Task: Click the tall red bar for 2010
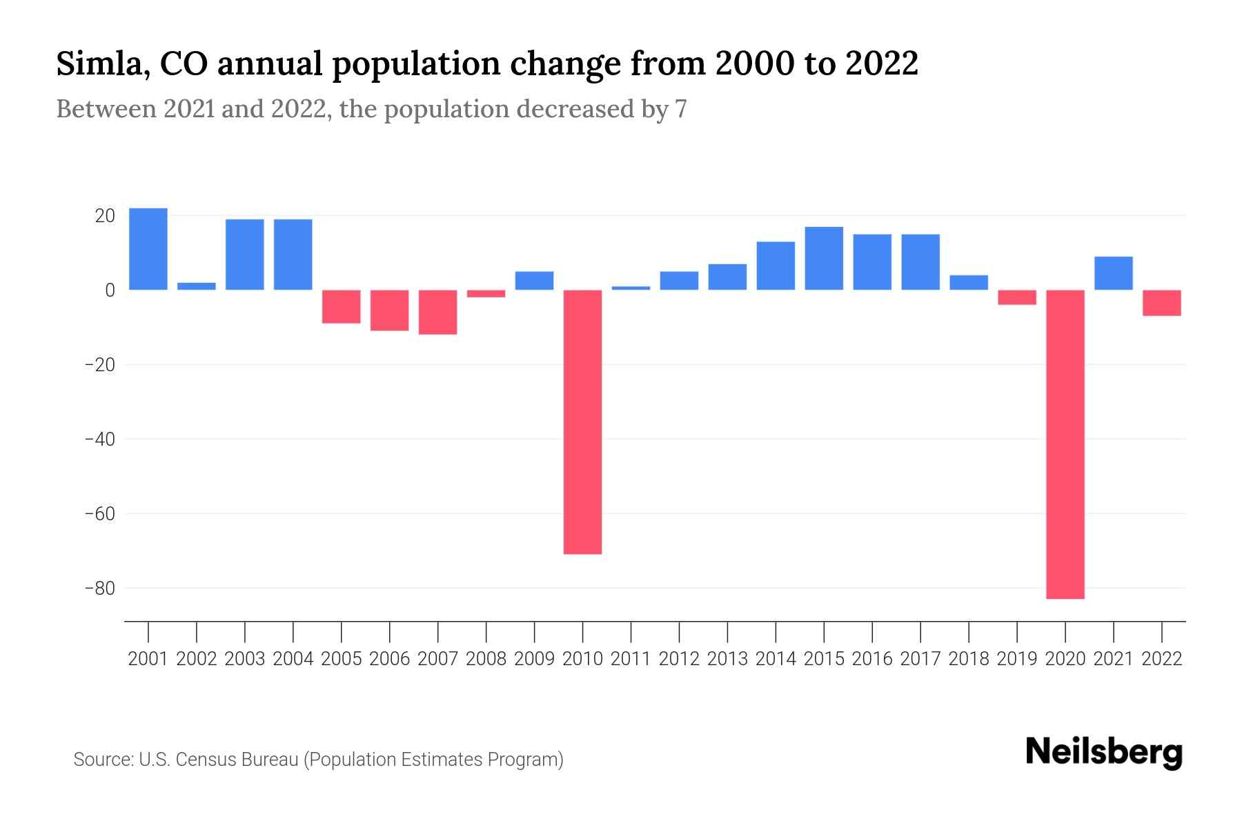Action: pyautogui.click(x=582, y=422)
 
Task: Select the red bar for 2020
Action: pyautogui.click(x=1065, y=444)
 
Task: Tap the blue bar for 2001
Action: pyautogui.click(x=148, y=249)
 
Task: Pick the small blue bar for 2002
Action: pyautogui.click(x=197, y=286)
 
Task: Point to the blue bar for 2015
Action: pyautogui.click(x=824, y=258)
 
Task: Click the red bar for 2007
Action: pyautogui.click(x=437, y=312)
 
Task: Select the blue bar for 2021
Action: pyautogui.click(x=1113, y=273)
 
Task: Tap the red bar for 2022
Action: pyautogui.click(x=1162, y=303)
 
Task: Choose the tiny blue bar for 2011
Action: pyautogui.click(x=631, y=288)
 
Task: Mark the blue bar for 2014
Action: pyautogui.click(x=776, y=266)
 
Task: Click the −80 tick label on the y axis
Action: pyautogui.click(x=99, y=589)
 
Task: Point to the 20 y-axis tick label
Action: pyautogui.click(x=105, y=216)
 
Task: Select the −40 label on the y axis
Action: pyautogui.click(x=99, y=440)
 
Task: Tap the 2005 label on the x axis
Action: pyautogui.click(x=342, y=659)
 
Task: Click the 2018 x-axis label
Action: pyautogui.click(x=969, y=659)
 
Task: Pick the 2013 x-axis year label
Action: pyautogui.click(x=727, y=659)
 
